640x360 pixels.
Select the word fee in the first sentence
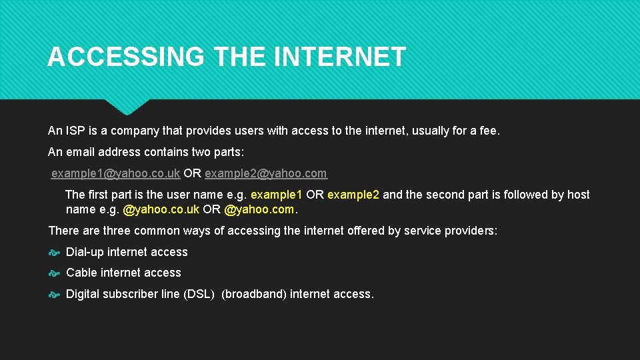tap(489, 131)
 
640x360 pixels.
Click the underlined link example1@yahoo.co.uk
tap(115, 173)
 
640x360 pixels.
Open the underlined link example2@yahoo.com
tap(265, 173)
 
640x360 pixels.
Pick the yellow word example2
tap(353, 195)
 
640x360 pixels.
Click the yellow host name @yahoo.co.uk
tap(161, 209)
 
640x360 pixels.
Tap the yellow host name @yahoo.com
tap(259, 209)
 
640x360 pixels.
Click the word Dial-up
tap(85, 252)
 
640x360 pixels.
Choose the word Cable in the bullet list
tap(81, 273)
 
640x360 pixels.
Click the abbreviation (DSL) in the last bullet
tap(199, 294)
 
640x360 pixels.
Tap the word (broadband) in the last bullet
tap(254, 294)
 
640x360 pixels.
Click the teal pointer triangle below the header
tap(127, 105)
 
